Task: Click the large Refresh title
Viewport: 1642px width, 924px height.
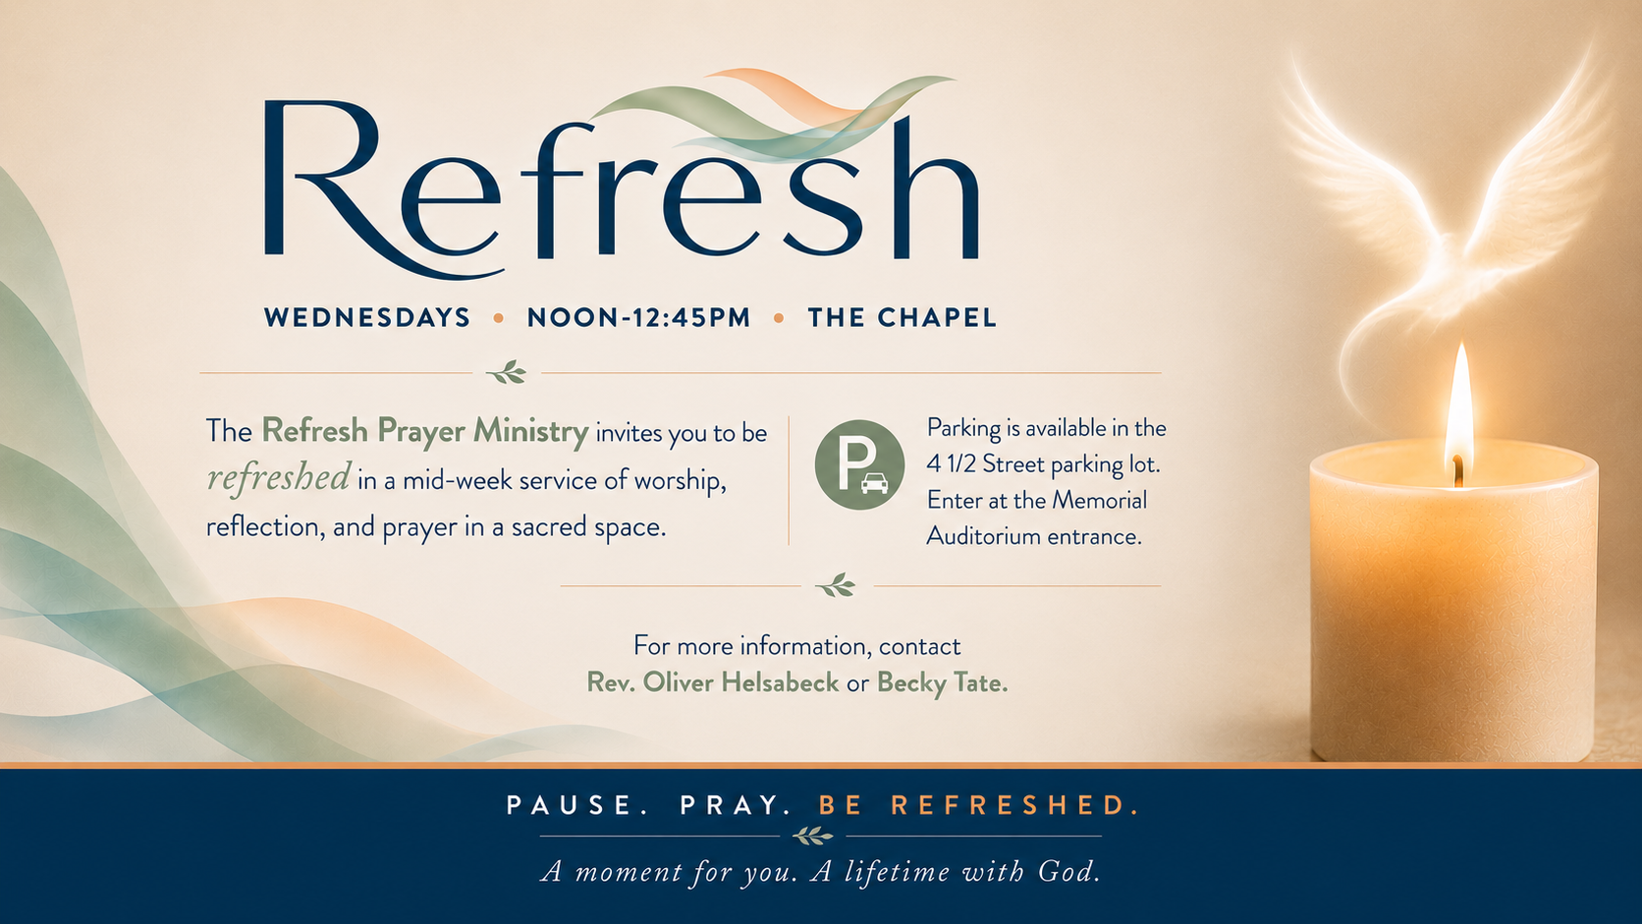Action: coord(622,184)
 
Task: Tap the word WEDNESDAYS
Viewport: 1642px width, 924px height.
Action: coord(367,317)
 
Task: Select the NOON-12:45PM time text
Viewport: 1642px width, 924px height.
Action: coord(638,317)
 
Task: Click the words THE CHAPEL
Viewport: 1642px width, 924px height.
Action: coord(902,317)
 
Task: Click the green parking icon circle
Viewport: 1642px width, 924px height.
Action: coord(859,464)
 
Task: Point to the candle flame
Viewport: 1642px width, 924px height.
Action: coord(1458,410)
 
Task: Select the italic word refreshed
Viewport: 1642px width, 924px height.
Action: coord(279,478)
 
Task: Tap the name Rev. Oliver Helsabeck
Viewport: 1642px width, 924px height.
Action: coord(713,682)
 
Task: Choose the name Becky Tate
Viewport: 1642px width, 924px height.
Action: coord(942,682)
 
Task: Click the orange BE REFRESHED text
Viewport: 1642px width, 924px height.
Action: coord(979,805)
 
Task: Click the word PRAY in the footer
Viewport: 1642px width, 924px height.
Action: coord(736,805)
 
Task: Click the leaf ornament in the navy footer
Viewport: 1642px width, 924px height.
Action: coord(812,836)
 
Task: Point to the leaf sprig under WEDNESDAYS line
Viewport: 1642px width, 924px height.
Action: coord(507,372)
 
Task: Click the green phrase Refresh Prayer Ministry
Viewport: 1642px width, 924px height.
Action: coord(425,431)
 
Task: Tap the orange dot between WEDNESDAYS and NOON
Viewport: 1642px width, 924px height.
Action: coord(499,318)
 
